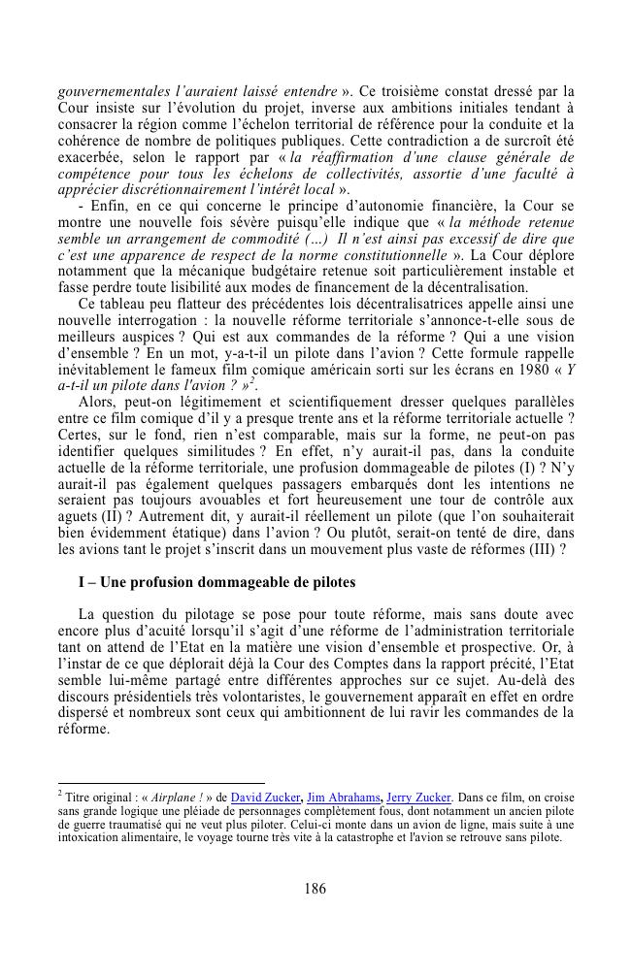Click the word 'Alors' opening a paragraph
pyautogui.click(x=99, y=400)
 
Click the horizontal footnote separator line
pyautogui.click(x=161, y=782)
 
